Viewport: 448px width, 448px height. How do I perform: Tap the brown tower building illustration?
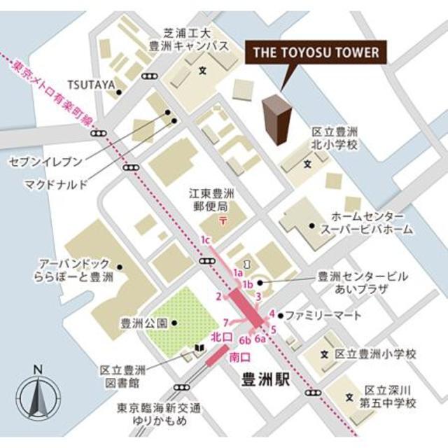[276, 120]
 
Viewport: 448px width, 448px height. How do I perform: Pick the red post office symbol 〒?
[222, 222]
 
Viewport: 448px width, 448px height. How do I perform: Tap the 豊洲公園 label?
[144, 323]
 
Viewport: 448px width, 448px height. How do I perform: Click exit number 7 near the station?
[225, 322]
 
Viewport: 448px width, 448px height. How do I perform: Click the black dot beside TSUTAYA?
[120, 92]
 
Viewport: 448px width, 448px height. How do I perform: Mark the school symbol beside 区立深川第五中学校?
[349, 397]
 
